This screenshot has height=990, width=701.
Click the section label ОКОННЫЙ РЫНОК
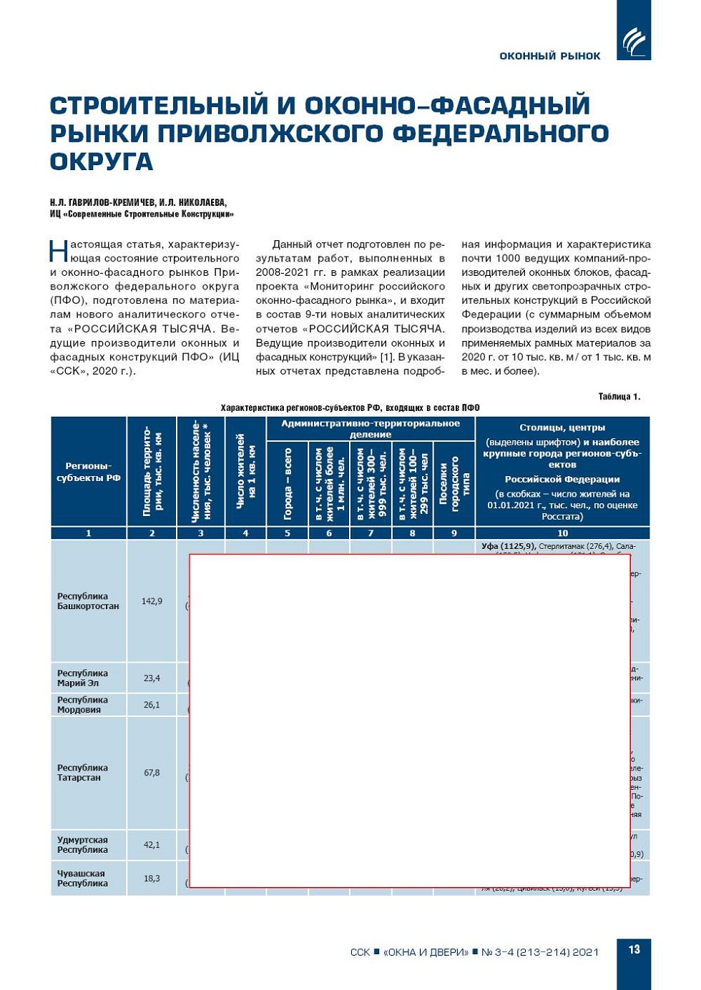tap(549, 56)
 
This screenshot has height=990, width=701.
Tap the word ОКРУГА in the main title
tap(102, 162)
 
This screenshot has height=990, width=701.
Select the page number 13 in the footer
tap(634, 949)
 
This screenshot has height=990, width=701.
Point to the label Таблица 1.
tap(619, 397)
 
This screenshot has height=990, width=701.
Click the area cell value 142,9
tap(152, 601)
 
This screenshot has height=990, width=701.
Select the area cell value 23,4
tap(152, 678)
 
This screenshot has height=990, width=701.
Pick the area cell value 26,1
tap(152, 705)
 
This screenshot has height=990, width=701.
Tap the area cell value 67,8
tap(152, 773)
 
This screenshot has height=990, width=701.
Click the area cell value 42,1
tap(152, 845)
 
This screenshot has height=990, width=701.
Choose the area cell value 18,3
tap(152, 878)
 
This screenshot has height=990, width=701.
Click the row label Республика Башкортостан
tap(88, 601)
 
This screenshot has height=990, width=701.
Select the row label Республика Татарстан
tap(82, 773)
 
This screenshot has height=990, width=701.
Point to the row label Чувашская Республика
tap(82, 878)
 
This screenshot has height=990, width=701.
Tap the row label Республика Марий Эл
tap(82, 678)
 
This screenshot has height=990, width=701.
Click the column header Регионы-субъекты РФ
tap(89, 472)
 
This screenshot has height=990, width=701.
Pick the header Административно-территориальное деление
tap(371, 429)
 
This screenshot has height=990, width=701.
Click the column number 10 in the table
tap(562, 533)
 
